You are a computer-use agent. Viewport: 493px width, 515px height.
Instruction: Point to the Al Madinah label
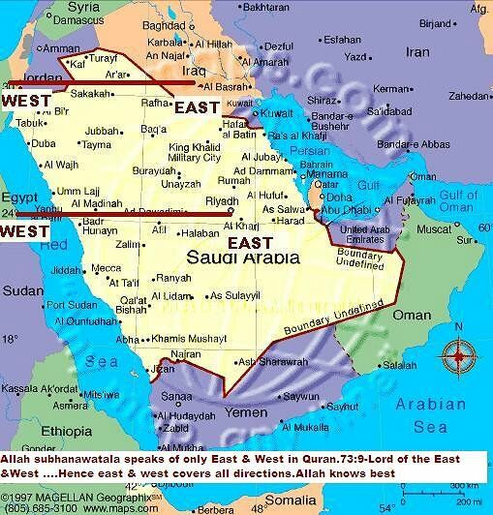(89, 200)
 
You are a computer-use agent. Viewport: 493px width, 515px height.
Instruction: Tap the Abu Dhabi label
(343, 206)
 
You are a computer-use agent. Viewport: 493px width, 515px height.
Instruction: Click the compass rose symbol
(454, 356)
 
